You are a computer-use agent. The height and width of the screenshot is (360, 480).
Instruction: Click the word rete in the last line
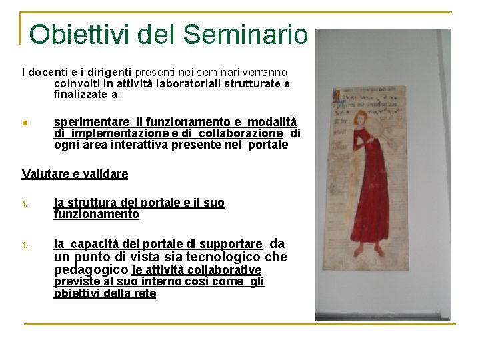click(145, 293)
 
